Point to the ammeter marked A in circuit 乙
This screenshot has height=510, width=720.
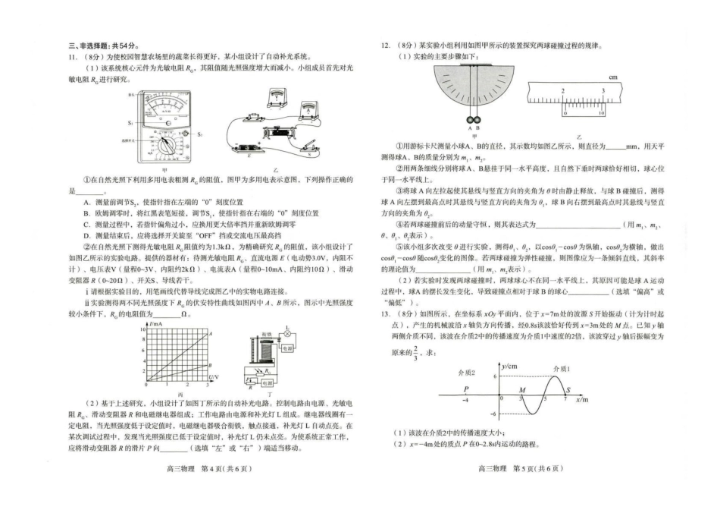[x=308, y=109]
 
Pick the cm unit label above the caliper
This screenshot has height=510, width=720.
[x=614, y=77]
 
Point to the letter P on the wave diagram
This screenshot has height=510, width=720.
[x=465, y=389]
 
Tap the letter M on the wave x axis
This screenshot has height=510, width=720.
[x=522, y=389]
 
